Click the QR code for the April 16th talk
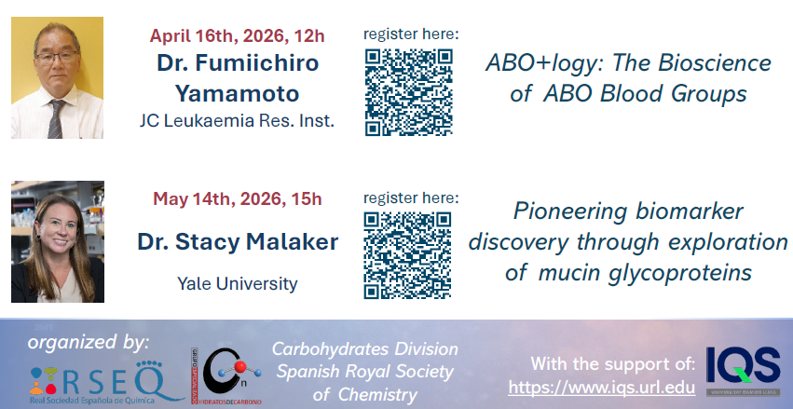click(409, 92)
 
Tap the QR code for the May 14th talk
click(407, 254)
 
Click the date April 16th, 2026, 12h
click(238, 36)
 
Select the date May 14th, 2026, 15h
click(238, 198)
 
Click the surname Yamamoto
click(238, 93)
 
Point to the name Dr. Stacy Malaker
click(238, 242)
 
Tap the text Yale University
click(238, 283)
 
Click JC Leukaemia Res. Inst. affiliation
click(238, 121)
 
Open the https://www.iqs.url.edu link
click(601, 388)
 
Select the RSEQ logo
click(103, 382)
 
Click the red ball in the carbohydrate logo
click(240, 366)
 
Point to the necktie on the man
click(55, 119)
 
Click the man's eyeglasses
click(57, 57)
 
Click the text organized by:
click(89, 342)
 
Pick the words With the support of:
click(613, 363)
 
